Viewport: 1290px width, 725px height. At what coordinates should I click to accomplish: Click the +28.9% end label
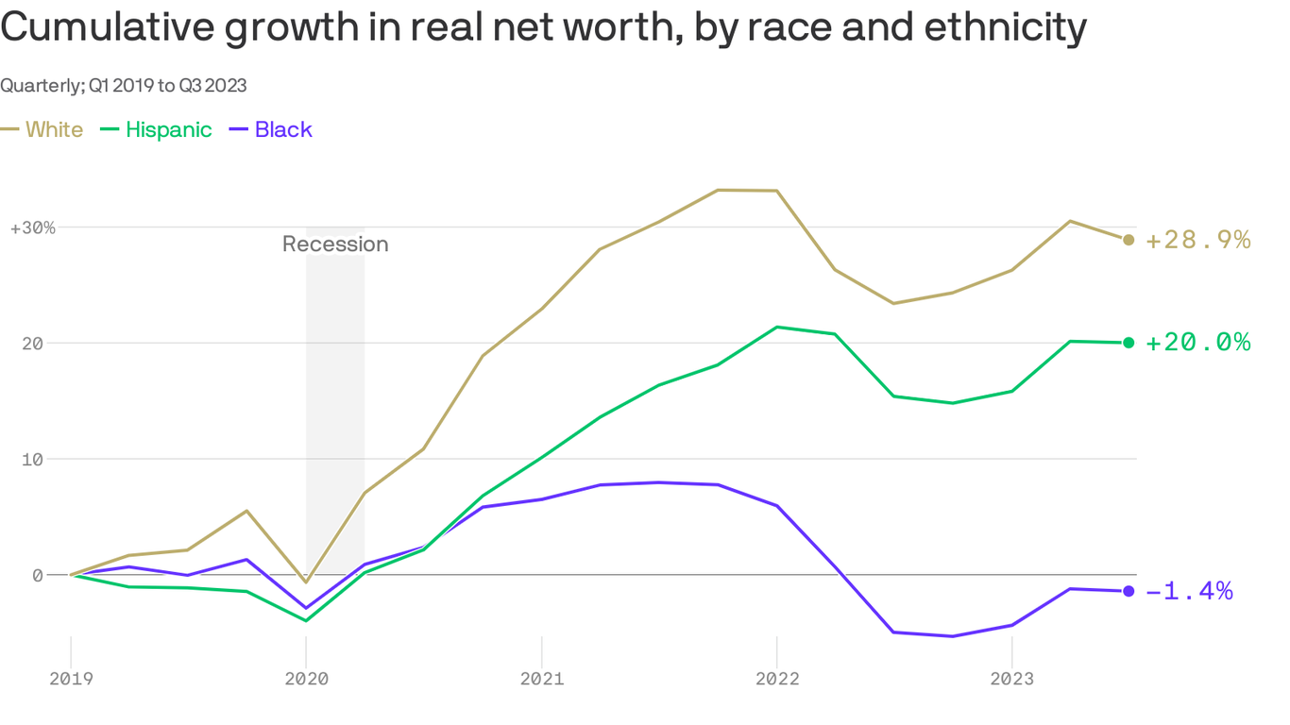coord(1197,240)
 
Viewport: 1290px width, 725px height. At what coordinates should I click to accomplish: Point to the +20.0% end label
coord(1197,343)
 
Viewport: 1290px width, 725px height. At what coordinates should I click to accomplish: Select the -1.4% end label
coord(1189,592)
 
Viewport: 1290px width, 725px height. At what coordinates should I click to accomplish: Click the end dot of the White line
coord(1129,240)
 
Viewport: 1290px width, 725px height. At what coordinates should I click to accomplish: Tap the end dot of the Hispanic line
coord(1129,343)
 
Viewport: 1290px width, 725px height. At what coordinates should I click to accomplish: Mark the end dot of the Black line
coord(1129,591)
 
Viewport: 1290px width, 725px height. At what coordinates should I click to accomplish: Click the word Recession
coord(335,244)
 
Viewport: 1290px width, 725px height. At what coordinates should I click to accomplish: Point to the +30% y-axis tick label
coord(32,228)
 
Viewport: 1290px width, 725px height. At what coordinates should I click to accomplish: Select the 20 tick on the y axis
coord(34,344)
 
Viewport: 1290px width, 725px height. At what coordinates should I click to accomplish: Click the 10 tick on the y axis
coord(34,459)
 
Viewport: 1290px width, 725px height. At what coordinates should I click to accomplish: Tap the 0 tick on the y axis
coord(38,575)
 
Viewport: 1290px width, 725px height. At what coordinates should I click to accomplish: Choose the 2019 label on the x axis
coord(71,679)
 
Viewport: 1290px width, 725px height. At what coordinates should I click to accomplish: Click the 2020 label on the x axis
coord(306,679)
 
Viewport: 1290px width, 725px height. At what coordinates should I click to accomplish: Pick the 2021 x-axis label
coord(541,679)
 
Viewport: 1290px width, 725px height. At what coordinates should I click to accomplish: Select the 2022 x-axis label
coord(776,679)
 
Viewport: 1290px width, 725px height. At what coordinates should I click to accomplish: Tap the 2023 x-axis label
coord(1011,679)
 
